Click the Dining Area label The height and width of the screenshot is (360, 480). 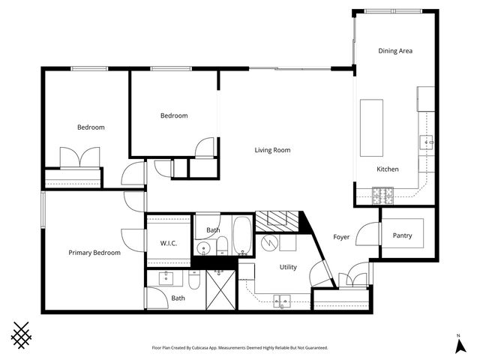(x=395, y=51)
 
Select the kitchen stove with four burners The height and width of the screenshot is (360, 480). (x=383, y=195)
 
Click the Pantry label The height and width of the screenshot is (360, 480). (x=403, y=235)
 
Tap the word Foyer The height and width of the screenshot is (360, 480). (x=341, y=237)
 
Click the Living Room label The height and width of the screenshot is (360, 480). (x=272, y=150)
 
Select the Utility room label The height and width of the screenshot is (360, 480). (x=288, y=267)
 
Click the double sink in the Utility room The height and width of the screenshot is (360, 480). (x=283, y=302)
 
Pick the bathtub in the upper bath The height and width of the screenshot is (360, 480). (x=243, y=235)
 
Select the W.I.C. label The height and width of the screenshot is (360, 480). (x=168, y=243)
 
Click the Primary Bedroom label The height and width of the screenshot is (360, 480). (x=94, y=253)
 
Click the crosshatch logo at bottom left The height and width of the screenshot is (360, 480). (x=22, y=334)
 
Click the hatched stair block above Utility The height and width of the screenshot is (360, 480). (x=277, y=221)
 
